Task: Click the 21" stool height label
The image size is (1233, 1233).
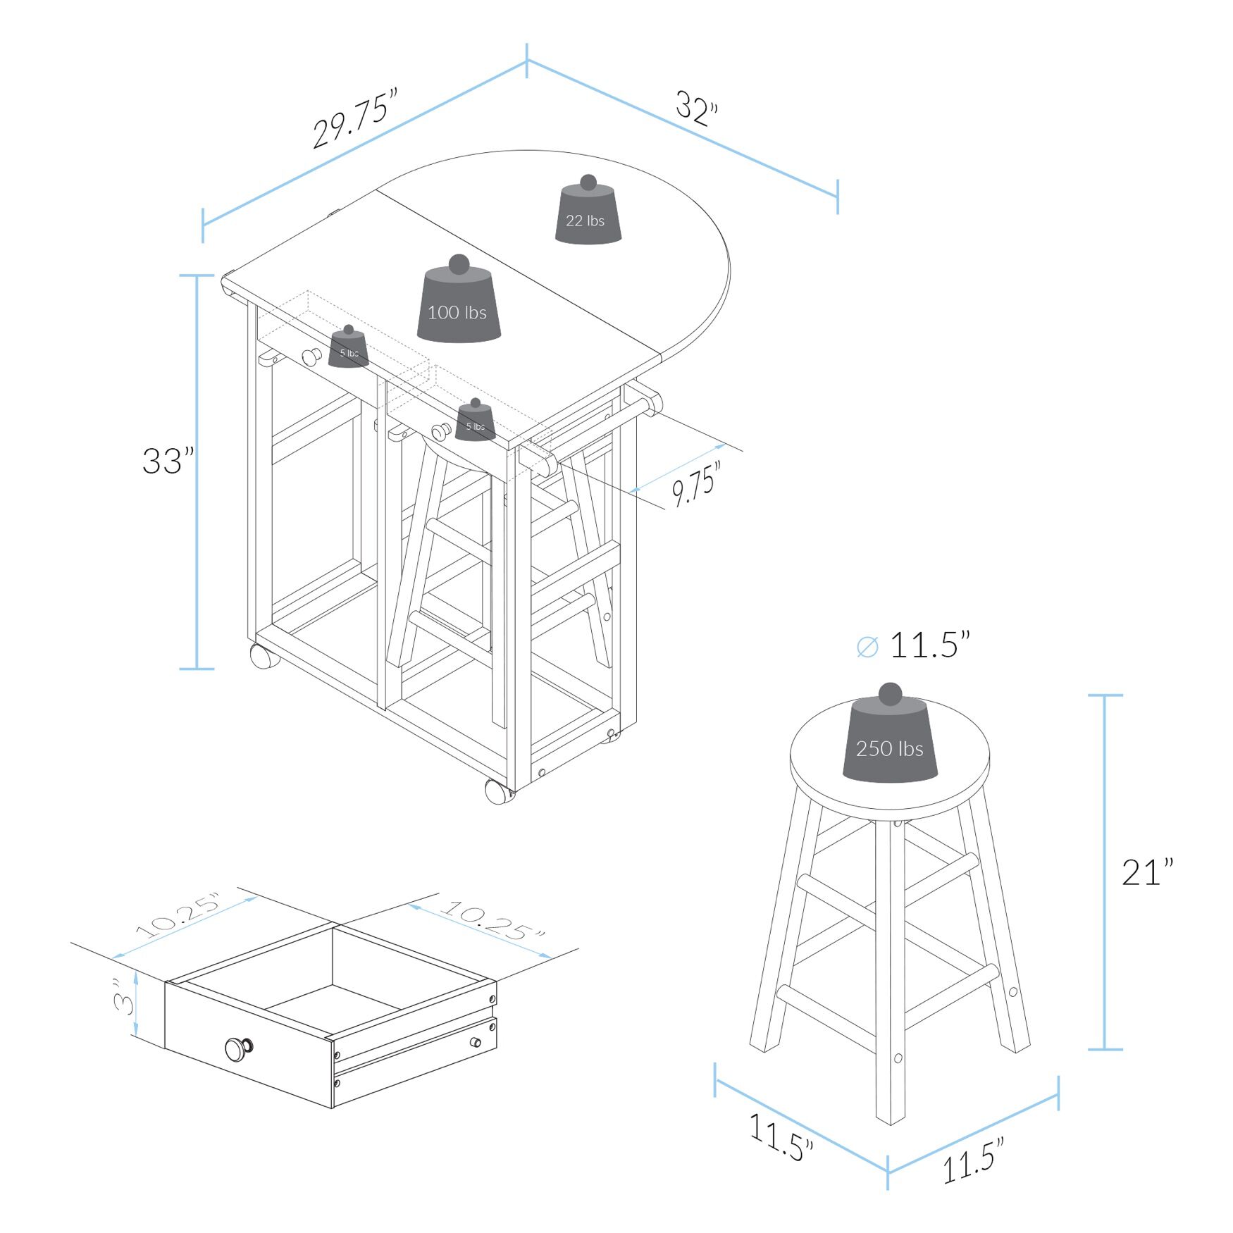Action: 1147,872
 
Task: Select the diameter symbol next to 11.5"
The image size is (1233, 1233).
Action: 867,647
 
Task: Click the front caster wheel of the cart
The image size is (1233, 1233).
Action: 499,791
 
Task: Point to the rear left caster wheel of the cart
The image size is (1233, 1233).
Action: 264,656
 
